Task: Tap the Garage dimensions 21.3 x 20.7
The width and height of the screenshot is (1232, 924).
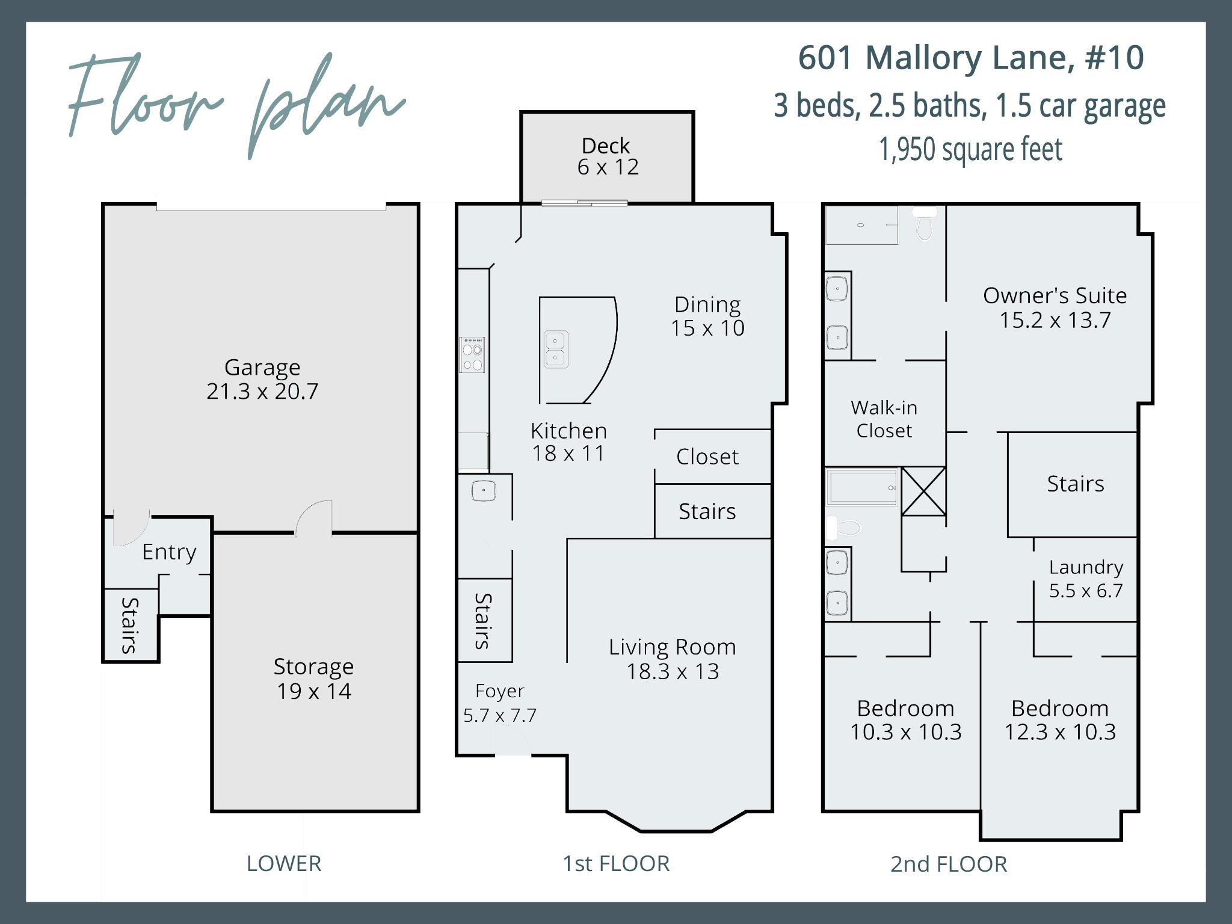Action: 262,392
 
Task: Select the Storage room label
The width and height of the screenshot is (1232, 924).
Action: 313,667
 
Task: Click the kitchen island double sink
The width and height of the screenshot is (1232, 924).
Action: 555,350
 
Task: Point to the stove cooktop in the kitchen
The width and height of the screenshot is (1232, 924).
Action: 472,356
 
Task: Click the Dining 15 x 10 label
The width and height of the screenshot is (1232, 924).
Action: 707,316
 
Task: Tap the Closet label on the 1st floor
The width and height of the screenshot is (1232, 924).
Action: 707,457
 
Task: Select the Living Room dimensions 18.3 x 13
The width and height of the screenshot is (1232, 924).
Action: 673,671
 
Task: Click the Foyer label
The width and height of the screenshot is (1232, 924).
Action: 499,691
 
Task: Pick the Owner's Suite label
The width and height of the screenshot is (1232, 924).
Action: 1055,295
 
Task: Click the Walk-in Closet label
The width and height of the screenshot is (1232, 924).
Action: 884,419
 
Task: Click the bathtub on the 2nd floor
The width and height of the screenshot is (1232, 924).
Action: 861,487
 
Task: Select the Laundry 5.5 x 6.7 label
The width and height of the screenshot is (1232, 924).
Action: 1086,579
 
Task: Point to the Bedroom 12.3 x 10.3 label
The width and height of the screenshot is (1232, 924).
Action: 1059,720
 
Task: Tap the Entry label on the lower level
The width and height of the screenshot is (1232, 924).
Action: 169,552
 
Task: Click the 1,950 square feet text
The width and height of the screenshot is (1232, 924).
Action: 970,150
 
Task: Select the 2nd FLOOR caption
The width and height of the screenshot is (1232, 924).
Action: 948,864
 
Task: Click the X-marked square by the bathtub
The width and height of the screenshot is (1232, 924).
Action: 923,491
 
